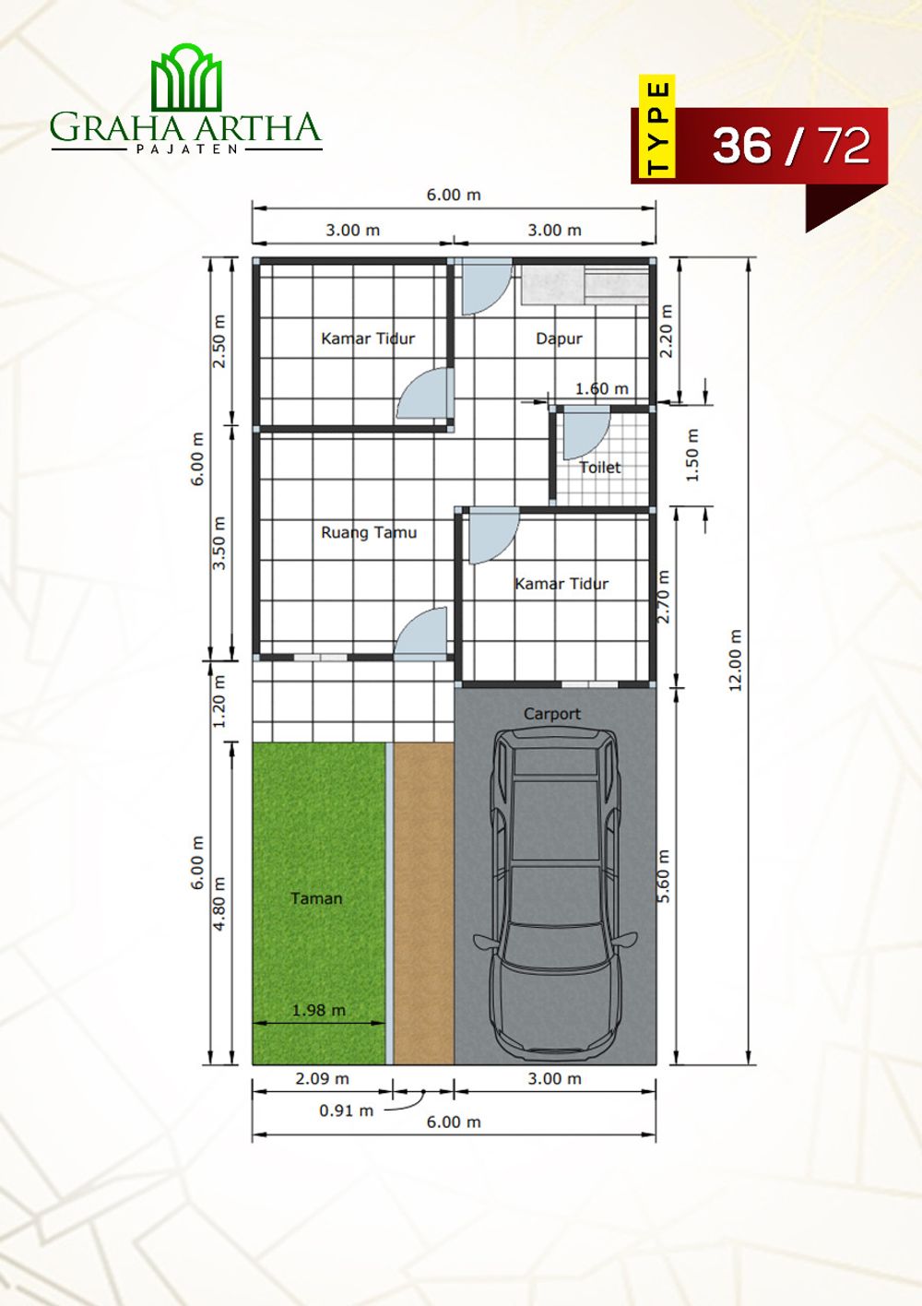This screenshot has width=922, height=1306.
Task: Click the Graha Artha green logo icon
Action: tap(186, 77)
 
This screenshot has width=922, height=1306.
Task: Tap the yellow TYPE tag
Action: tap(656, 126)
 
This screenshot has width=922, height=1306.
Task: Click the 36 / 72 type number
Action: tap(791, 146)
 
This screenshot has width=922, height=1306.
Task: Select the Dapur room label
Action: tap(559, 338)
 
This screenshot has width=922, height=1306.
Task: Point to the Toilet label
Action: tap(599, 467)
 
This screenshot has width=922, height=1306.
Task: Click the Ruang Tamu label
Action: tap(369, 532)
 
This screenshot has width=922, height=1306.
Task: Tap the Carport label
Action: tap(552, 714)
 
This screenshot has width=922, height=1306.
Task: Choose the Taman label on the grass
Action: tap(316, 898)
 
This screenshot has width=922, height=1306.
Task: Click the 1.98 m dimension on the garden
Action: tap(319, 1009)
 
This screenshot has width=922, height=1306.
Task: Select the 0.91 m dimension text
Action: tap(346, 1110)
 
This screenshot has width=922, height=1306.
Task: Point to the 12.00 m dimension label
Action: tap(736, 660)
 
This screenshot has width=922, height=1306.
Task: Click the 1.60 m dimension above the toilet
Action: tap(602, 388)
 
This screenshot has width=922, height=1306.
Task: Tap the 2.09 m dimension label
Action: tap(323, 1078)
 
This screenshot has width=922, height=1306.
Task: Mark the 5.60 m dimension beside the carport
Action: tap(663, 875)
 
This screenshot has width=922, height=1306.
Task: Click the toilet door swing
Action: tap(585, 433)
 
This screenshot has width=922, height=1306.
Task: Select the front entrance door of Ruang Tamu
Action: tap(422, 634)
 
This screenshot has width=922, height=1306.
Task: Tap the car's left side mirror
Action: tap(484, 942)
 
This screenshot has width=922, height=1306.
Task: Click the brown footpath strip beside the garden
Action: tap(424, 903)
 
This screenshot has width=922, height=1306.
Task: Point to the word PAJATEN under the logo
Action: tap(187, 148)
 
